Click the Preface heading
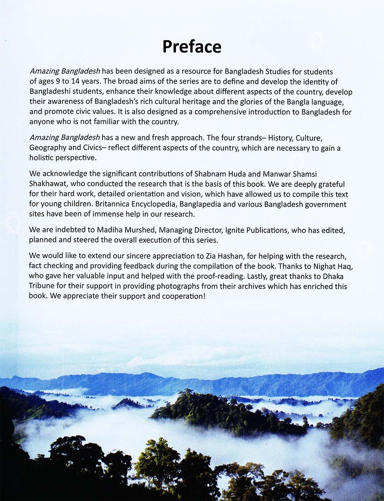(192, 46)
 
